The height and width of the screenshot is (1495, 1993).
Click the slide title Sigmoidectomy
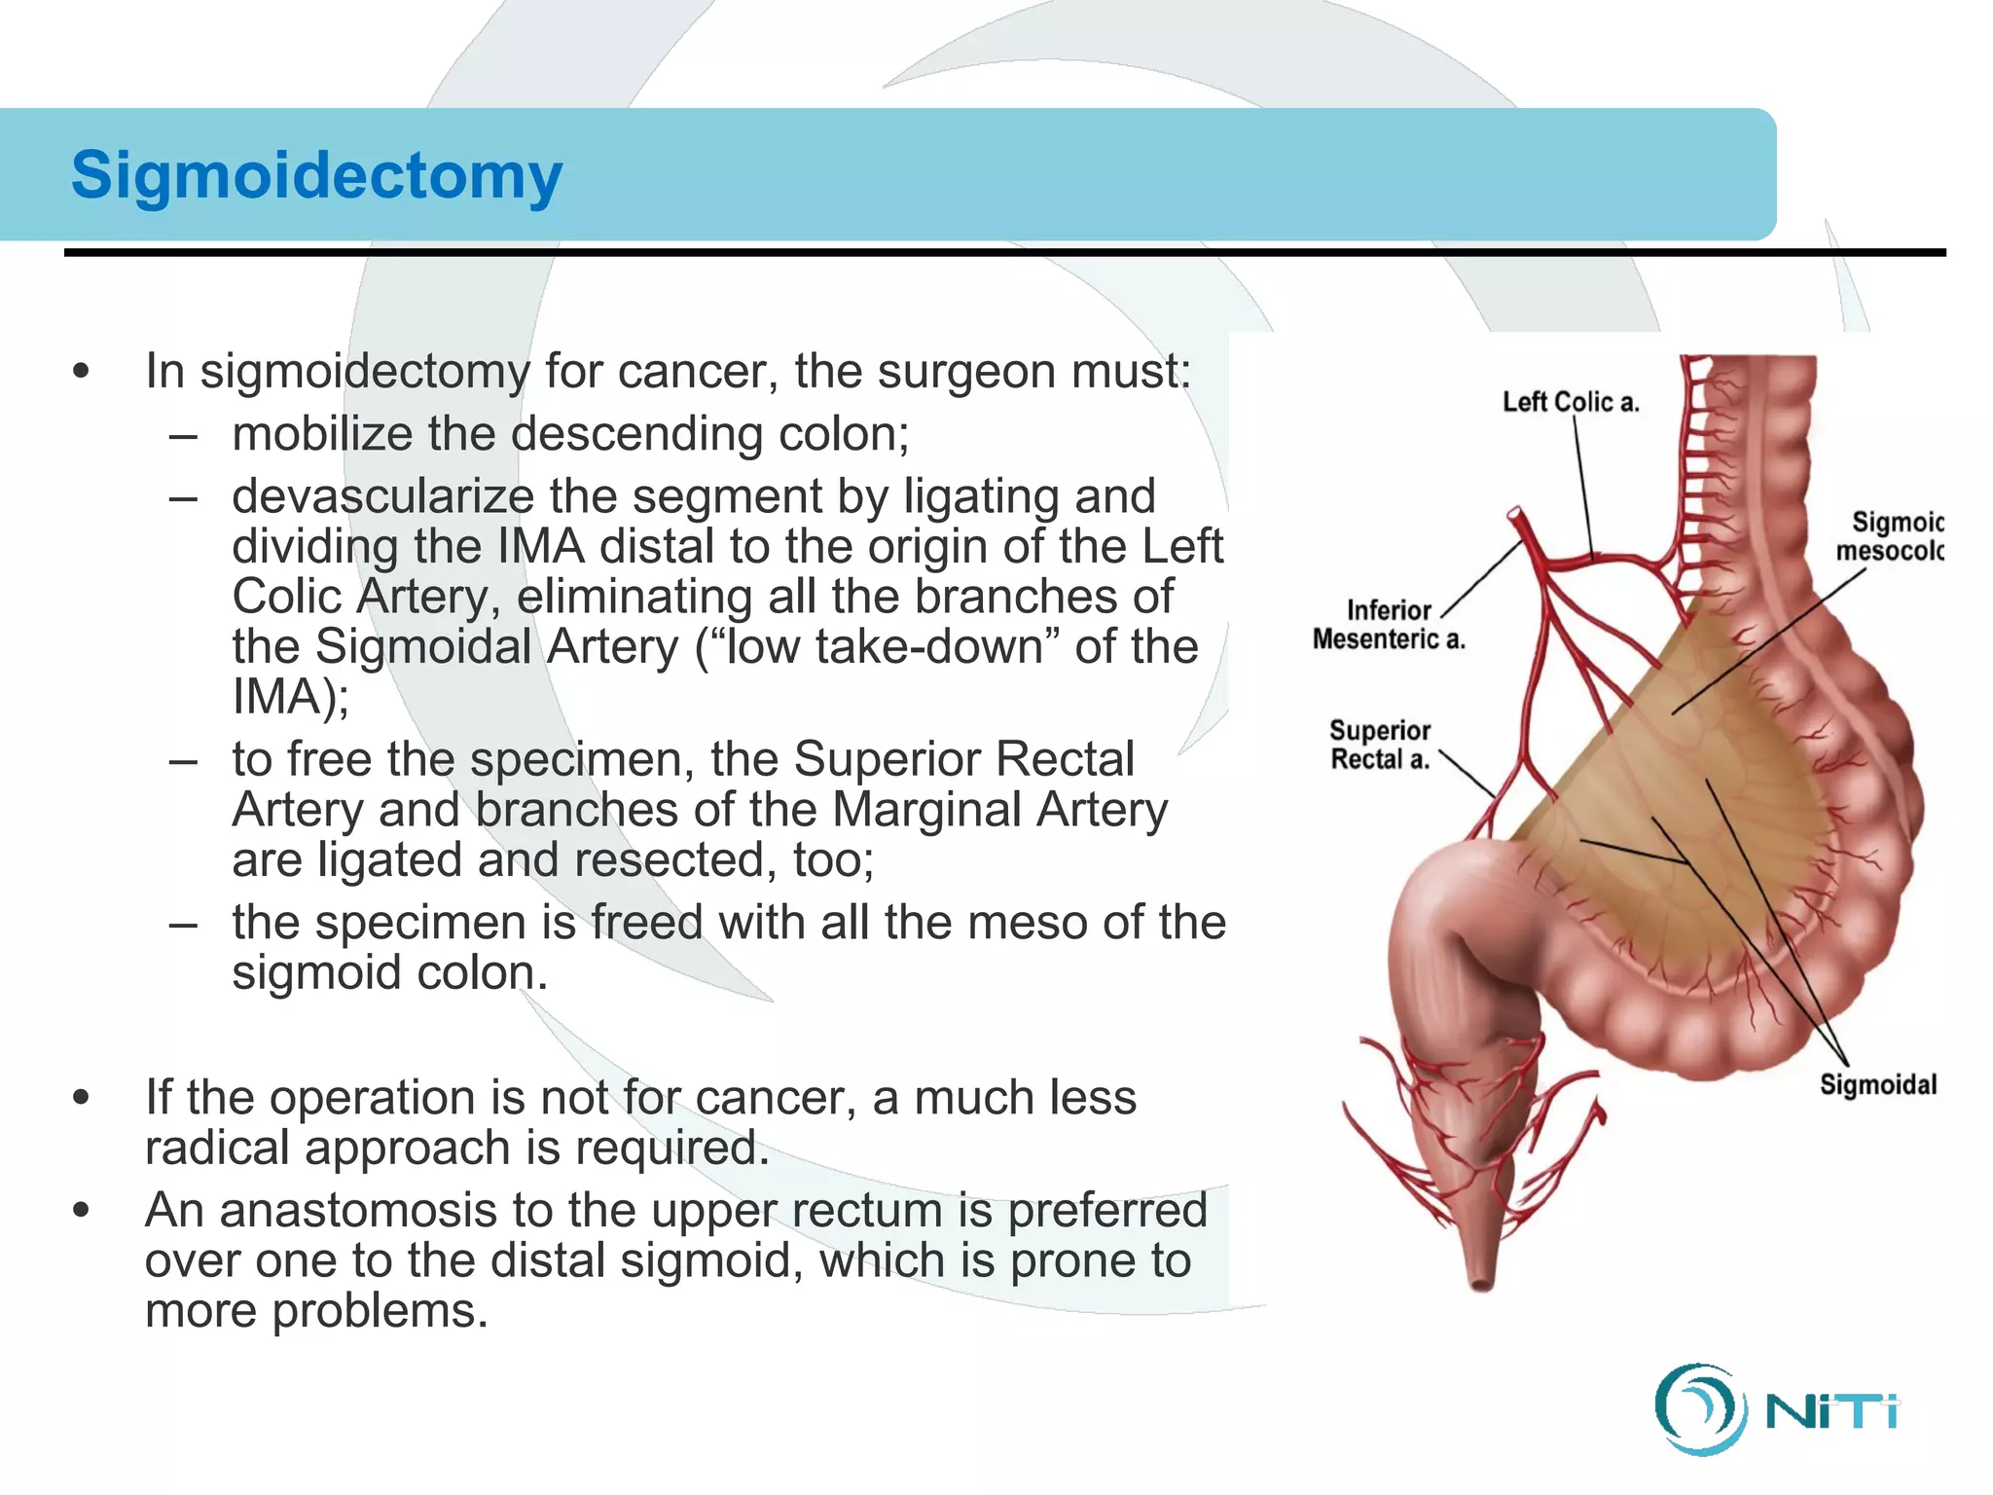pyautogui.click(x=316, y=176)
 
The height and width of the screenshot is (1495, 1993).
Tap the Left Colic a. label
pyautogui.click(x=1570, y=402)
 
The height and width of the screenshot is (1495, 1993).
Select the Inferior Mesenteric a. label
pyautogui.click(x=1388, y=625)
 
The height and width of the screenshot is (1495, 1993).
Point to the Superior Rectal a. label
pyautogui.click(x=1380, y=745)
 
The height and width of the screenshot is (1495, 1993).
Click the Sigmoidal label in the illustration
pyautogui.click(x=1877, y=1084)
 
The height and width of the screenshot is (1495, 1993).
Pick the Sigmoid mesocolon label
pyautogui.click(x=1889, y=536)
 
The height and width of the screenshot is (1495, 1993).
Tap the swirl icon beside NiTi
pyautogui.click(x=1697, y=1409)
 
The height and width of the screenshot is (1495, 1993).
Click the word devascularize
pyautogui.click(x=382, y=496)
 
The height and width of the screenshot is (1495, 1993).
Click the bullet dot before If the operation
pyautogui.click(x=82, y=1098)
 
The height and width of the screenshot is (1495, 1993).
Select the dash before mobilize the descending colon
pyautogui.click(x=183, y=434)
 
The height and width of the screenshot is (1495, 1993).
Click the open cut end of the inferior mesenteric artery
pyautogui.click(x=1515, y=513)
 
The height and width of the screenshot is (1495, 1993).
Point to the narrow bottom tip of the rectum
pyautogui.click(x=1481, y=1284)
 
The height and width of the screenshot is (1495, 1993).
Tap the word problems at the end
pyautogui.click(x=380, y=1311)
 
